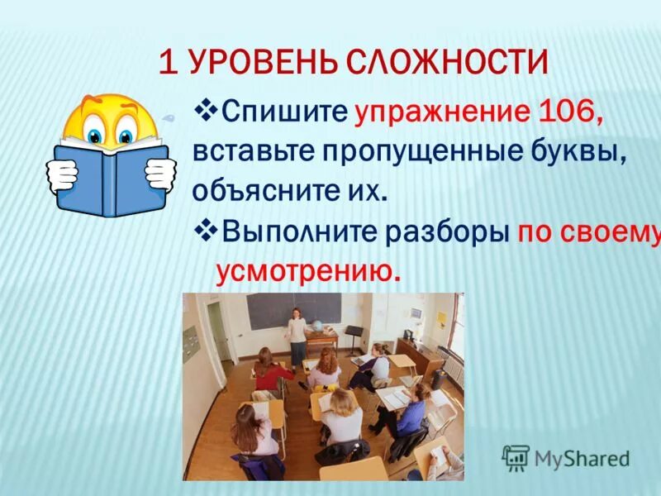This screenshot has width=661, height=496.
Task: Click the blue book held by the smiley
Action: pyautogui.click(x=112, y=178)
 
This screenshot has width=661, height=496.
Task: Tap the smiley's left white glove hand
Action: pyautogui.click(x=63, y=173)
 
